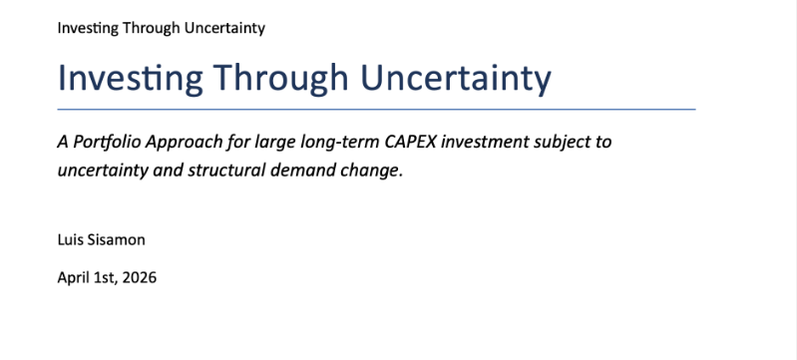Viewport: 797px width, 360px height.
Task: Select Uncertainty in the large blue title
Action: pyautogui.click(x=456, y=79)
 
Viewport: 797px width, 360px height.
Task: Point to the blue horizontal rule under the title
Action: pyautogui.click(x=376, y=110)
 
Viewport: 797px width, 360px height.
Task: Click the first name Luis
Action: pyautogui.click(x=70, y=239)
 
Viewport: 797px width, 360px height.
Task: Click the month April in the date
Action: pyautogui.click(x=72, y=278)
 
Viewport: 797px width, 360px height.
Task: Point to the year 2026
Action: pyautogui.click(x=140, y=278)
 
